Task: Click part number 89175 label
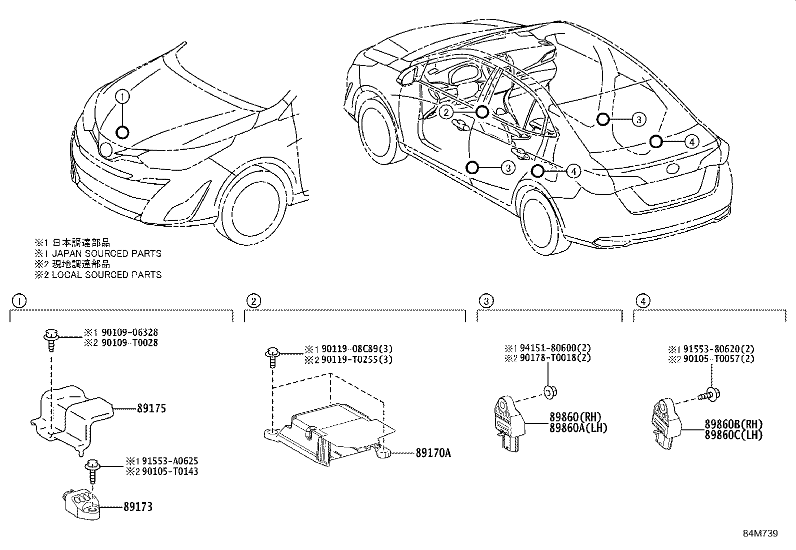[151, 409]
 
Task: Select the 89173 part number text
[137, 507]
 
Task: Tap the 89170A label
[433, 453]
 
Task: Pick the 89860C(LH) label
[733, 435]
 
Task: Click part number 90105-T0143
[169, 471]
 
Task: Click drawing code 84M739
[760, 534]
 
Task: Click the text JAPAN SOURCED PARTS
[106, 253]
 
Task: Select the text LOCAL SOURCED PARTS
[106, 275]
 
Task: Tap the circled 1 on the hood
[123, 96]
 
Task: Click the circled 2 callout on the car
[446, 112]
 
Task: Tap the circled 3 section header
[485, 301]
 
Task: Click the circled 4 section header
[642, 301]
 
